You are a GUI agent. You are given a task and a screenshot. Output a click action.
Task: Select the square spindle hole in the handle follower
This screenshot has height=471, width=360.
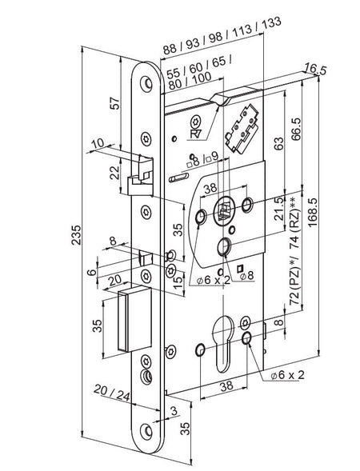point(222,212)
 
